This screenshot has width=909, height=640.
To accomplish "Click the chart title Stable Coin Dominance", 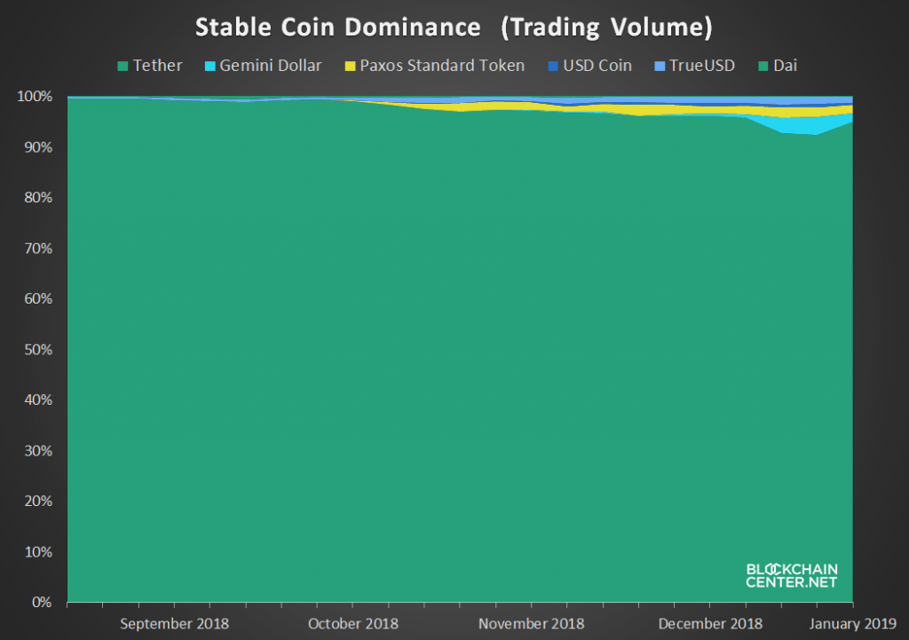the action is pyautogui.click(x=338, y=28).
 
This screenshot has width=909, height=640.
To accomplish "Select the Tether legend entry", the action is pyautogui.click(x=149, y=66).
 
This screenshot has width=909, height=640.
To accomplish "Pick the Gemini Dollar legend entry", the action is pyautogui.click(x=263, y=66).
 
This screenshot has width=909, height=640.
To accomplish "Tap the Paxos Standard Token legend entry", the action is pyautogui.click(x=435, y=66).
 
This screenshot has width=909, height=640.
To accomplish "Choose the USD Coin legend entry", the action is pyautogui.click(x=589, y=66).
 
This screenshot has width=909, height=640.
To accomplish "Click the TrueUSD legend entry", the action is pyautogui.click(x=694, y=66).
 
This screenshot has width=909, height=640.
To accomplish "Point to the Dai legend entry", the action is pyautogui.click(x=778, y=66).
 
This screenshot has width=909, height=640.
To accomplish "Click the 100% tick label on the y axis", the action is pyautogui.click(x=35, y=96).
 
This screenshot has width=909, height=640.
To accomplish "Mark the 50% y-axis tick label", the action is pyautogui.click(x=38, y=350).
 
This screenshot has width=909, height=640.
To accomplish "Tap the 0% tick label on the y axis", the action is pyautogui.click(x=42, y=603).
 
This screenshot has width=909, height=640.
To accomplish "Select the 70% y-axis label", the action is pyautogui.click(x=38, y=249).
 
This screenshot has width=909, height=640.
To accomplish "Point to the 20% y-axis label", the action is pyautogui.click(x=38, y=501).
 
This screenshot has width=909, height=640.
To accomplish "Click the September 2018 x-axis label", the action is pyautogui.click(x=175, y=624).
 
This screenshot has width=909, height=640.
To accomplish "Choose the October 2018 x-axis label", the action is pyautogui.click(x=353, y=624).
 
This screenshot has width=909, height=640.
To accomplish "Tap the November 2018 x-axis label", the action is pyautogui.click(x=531, y=624).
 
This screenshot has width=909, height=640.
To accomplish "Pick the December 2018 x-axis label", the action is pyautogui.click(x=710, y=624).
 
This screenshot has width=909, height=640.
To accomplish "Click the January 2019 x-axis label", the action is pyautogui.click(x=853, y=624).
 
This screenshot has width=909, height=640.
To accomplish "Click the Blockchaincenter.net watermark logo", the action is pyautogui.click(x=792, y=576).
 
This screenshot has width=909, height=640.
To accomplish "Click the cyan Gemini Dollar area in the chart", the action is pyautogui.click(x=810, y=125).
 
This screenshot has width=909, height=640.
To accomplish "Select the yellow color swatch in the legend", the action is pyautogui.click(x=350, y=66).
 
